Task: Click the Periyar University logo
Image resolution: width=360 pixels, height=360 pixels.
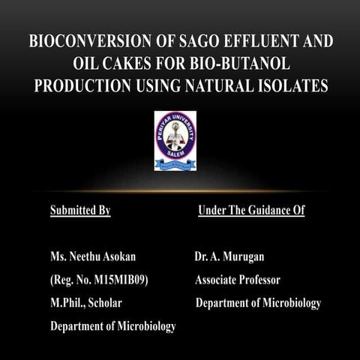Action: click(x=175, y=140)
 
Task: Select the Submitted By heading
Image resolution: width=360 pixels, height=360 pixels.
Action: click(x=80, y=211)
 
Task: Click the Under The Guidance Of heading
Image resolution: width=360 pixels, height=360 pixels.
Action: click(x=251, y=211)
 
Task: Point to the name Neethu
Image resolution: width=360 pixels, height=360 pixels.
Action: click(x=88, y=258)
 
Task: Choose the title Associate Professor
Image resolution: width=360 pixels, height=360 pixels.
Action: click(x=238, y=280)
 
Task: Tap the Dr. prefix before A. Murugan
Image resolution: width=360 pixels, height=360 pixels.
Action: click(x=201, y=258)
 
